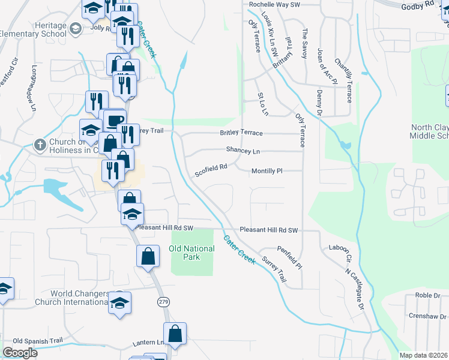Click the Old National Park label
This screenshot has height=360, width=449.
(191, 253)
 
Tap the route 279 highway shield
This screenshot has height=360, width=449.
(163, 302)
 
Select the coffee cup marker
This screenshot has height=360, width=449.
(115, 119)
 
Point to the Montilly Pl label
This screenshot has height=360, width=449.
(267, 171)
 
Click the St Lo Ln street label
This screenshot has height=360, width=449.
(262, 104)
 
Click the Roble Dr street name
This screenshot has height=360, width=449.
(427, 295)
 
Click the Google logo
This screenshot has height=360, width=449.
(20, 353)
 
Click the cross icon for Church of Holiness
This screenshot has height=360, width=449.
(40, 145)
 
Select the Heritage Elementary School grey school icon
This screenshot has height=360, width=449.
(76, 28)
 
